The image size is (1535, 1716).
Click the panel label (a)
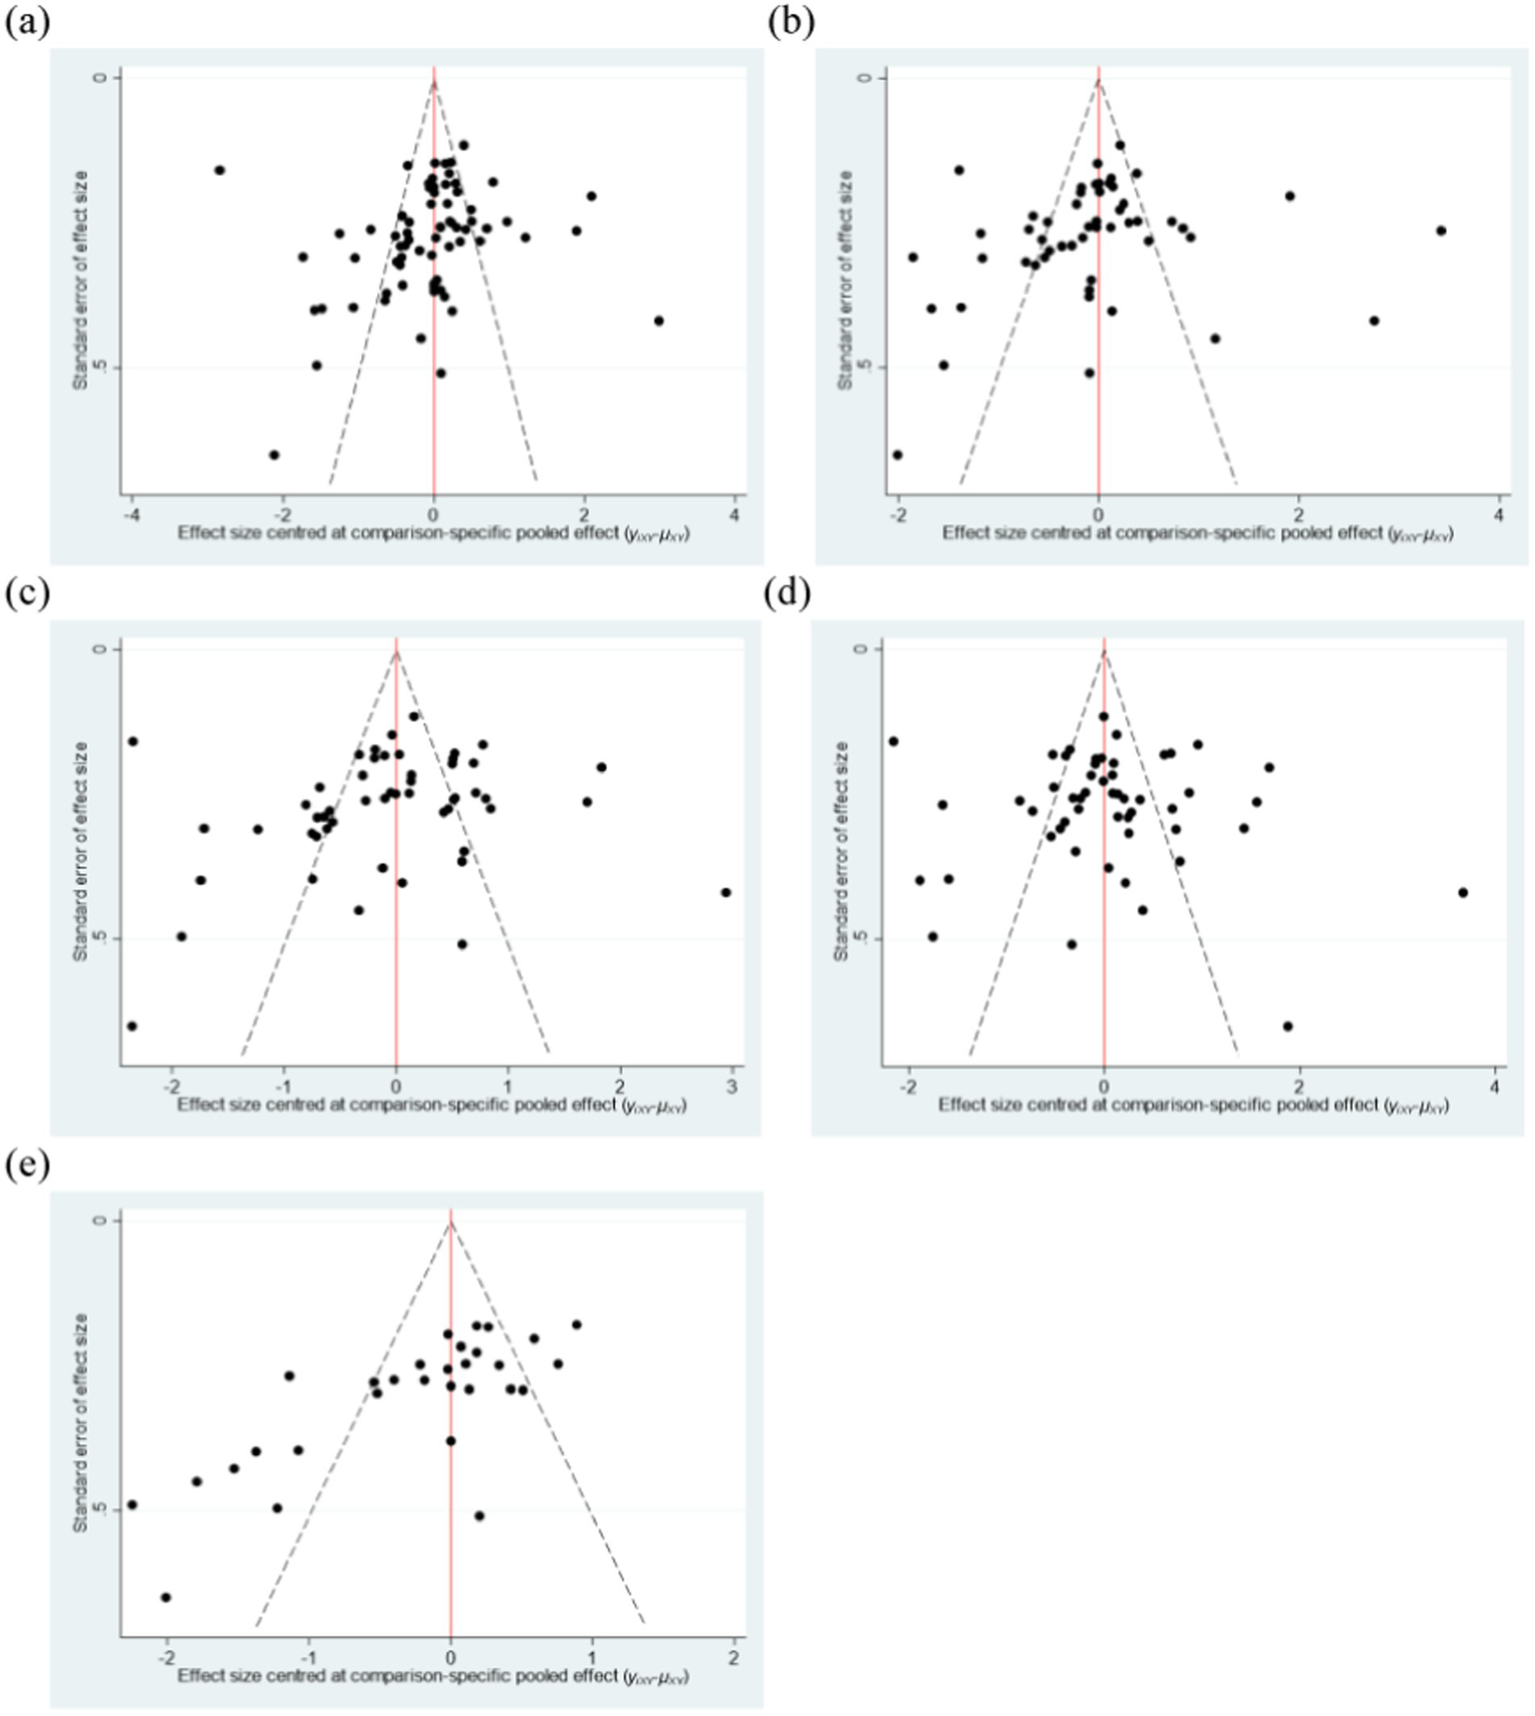coord(27,22)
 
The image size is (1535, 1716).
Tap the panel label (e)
coord(27,1166)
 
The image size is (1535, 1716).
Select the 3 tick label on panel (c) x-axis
coord(732,1087)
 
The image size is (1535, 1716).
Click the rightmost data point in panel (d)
coord(1463,892)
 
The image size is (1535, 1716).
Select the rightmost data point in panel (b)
coord(1441,230)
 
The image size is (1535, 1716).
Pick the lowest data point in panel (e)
coord(166,1597)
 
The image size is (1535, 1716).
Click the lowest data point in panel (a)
coord(274,455)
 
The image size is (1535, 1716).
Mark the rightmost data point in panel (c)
coord(726,892)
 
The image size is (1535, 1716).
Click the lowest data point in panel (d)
coord(1288,1026)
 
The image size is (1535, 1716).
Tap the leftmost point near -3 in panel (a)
coord(220,170)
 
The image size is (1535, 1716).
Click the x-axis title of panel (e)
coord(433,1676)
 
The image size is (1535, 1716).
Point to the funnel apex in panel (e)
coord(451,1221)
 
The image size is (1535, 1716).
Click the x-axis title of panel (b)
coord(1197,533)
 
